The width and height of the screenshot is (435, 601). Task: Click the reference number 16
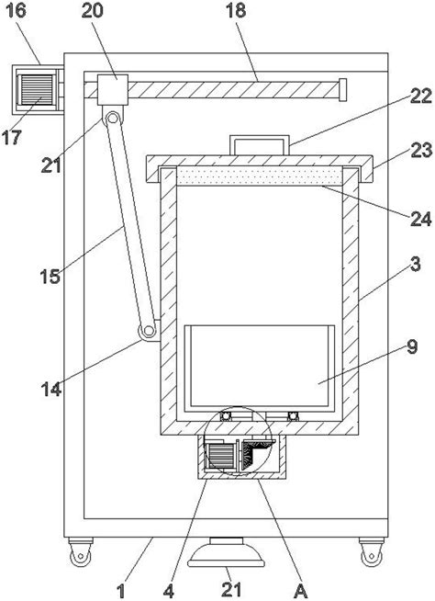(17, 10)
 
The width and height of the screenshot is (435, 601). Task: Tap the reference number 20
(93, 10)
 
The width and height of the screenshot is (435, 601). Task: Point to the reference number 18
(236, 10)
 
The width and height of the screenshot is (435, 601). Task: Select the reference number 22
(421, 96)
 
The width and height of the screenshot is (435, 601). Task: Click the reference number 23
(421, 150)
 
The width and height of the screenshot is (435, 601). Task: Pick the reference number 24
(421, 219)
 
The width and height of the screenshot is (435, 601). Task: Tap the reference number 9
(412, 346)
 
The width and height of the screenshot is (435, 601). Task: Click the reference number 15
(50, 276)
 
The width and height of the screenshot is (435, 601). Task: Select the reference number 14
(50, 389)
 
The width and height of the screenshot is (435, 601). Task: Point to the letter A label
(301, 592)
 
